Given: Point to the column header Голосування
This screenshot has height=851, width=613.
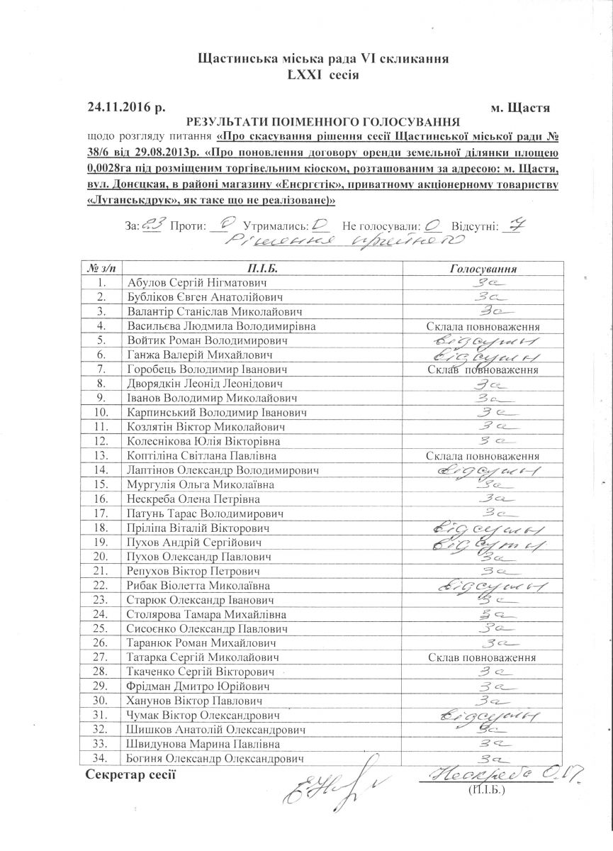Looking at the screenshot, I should [484, 269].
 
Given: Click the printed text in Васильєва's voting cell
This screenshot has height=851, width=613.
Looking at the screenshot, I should [484, 327].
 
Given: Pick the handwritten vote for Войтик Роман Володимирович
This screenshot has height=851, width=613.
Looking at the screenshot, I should [484, 341].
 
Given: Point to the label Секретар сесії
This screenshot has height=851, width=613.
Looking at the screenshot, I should [130, 773].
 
